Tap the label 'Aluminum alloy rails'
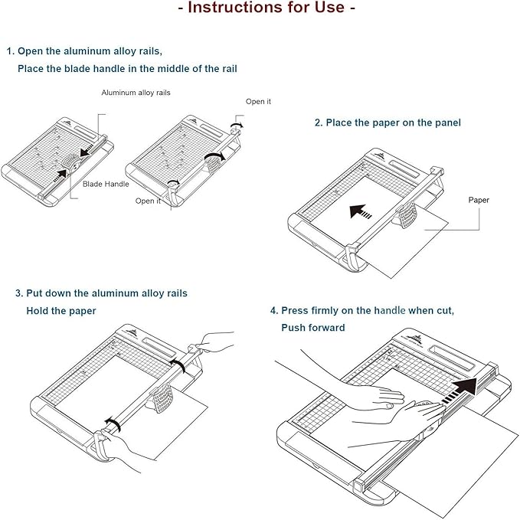(x=136, y=93)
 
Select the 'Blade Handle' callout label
(x=106, y=184)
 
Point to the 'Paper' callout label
(x=479, y=200)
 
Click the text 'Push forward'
(x=312, y=328)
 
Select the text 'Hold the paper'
(x=61, y=311)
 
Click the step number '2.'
(x=319, y=123)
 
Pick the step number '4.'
(x=273, y=311)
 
